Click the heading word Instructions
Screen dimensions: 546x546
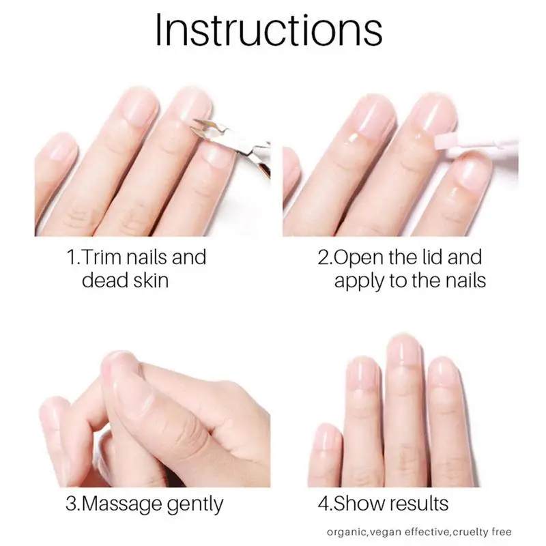268,30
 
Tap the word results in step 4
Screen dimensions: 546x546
418,504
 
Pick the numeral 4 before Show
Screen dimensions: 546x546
323,504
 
